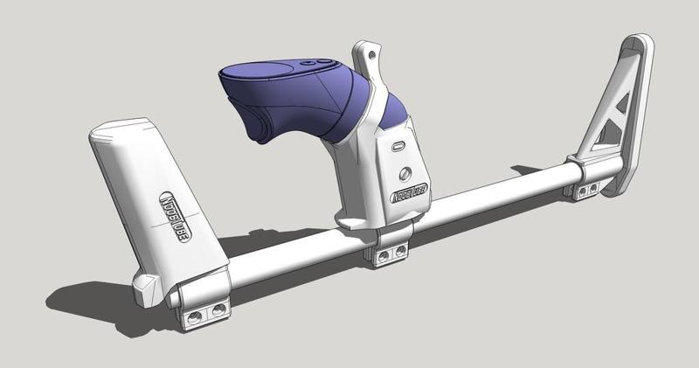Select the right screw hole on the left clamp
pos(218,307)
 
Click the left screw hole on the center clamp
pos(382,256)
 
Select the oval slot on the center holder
pos(398,146)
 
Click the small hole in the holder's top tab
pos(373,55)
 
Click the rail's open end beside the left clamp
pos(174,298)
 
